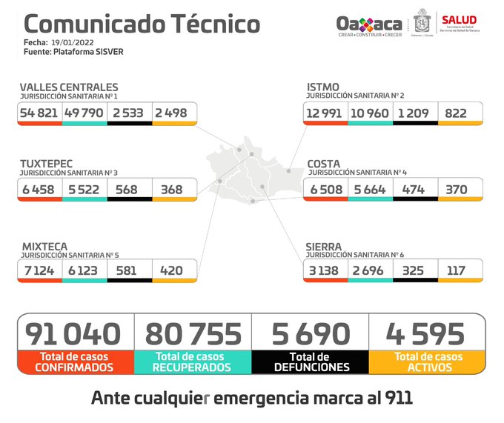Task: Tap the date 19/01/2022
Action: point(73,43)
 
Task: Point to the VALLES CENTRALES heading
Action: point(69,87)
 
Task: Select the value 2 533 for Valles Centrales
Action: point(129,113)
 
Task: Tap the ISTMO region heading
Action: point(323,87)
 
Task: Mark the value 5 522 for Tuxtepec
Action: point(84,190)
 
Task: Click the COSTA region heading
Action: point(324,163)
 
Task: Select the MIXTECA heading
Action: point(44,246)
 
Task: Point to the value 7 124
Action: point(39,270)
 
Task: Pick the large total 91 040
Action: point(73,333)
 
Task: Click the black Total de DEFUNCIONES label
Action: point(311,362)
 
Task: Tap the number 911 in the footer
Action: point(397,398)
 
